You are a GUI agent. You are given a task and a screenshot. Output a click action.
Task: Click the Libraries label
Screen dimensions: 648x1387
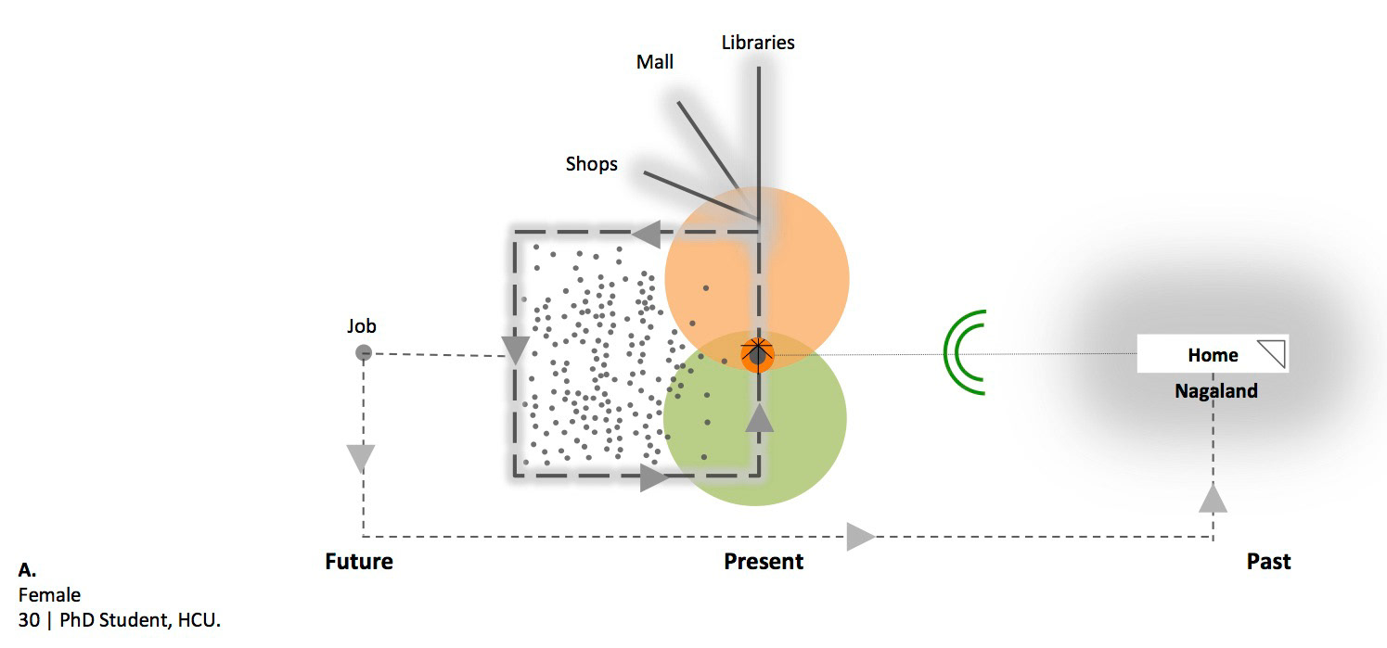(758, 43)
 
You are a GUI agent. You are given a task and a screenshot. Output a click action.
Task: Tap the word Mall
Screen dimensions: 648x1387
(655, 62)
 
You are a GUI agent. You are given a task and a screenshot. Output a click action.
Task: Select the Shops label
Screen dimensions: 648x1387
(592, 164)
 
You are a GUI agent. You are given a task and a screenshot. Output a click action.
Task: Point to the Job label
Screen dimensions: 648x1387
(362, 326)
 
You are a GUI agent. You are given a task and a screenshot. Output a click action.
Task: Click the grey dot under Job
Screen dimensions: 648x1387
(364, 352)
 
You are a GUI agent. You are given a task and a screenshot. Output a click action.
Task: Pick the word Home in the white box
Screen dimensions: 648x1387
(1213, 355)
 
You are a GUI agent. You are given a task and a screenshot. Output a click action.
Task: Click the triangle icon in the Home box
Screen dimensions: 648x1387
(1272, 354)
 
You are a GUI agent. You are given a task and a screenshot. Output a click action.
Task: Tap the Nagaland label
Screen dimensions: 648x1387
(1216, 391)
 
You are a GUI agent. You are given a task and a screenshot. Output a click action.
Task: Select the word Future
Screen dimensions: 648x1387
(359, 562)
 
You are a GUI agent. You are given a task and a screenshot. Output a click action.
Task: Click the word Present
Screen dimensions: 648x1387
(764, 562)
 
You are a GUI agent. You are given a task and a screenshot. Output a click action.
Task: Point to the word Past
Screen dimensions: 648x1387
(1268, 562)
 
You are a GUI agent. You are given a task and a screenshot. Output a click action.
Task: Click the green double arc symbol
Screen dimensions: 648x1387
(964, 352)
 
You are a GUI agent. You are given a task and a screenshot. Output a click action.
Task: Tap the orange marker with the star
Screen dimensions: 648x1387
(758, 353)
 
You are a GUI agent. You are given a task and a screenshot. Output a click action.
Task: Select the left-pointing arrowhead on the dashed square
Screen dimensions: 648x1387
(646, 234)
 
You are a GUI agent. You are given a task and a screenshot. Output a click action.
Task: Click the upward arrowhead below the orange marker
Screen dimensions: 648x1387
(759, 418)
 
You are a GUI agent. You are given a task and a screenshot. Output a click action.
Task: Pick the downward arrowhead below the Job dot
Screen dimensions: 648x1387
(361, 458)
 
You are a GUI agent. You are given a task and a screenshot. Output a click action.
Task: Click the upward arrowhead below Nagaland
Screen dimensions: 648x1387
(1213, 498)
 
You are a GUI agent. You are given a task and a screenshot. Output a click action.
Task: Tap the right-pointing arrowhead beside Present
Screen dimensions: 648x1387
(860, 536)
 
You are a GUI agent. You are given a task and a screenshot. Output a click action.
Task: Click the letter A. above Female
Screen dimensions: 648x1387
(27, 570)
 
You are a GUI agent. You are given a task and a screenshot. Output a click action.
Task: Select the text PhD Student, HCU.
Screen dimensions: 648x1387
(140, 620)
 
